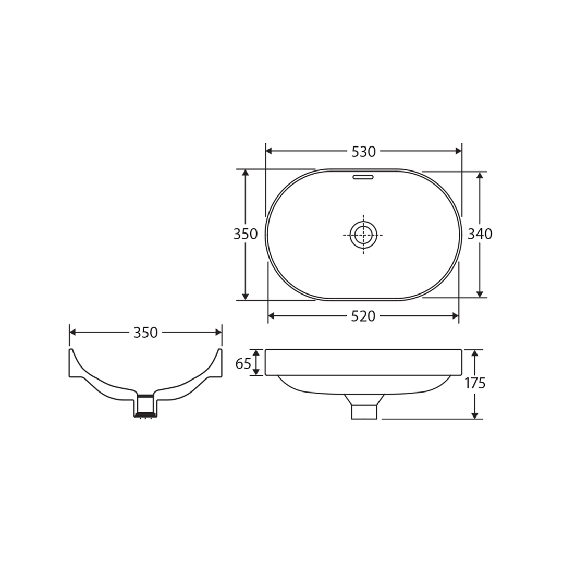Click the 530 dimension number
tap(363, 152)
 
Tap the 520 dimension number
tap(363, 316)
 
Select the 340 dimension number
tap(480, 235)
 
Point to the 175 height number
tap(475, 383)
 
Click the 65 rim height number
tap(243, 364)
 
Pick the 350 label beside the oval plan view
tap(245, 235)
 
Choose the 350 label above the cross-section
tap(145, 333)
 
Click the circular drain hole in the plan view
tap(363, 235)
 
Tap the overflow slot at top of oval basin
tap(363, 177)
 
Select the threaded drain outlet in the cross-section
tap(145, 407)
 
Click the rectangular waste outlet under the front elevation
tap(364, 411)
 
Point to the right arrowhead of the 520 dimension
tap(456, 316)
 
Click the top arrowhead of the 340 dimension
tap(480, 176)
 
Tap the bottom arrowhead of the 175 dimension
tap(474, 415)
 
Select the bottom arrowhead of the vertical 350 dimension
tap(245, 297)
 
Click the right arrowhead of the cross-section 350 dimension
tap(218, 332)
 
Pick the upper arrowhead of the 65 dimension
tap(256, 353)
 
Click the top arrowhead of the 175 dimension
tap(474, 353)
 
